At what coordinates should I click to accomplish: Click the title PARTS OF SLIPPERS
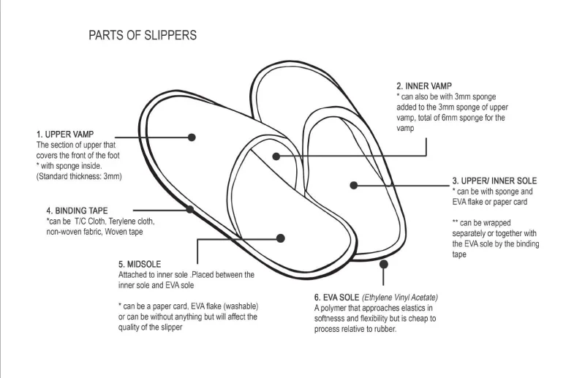click(x=142, y=35)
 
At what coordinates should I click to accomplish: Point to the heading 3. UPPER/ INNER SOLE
click(x=494, y=181)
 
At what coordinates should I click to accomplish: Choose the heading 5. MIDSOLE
click(x=140, y=264)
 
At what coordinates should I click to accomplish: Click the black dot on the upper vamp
click(x=192, y=137)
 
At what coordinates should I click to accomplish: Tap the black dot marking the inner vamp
click(x=276, y=156)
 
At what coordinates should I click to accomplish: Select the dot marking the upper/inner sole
click(x=354, y=185)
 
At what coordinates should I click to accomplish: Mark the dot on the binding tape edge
click(x=189, y=209)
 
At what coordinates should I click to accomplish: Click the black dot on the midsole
click(x=281, y=238)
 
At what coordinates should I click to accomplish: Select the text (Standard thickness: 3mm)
click(x=79, y=176)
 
